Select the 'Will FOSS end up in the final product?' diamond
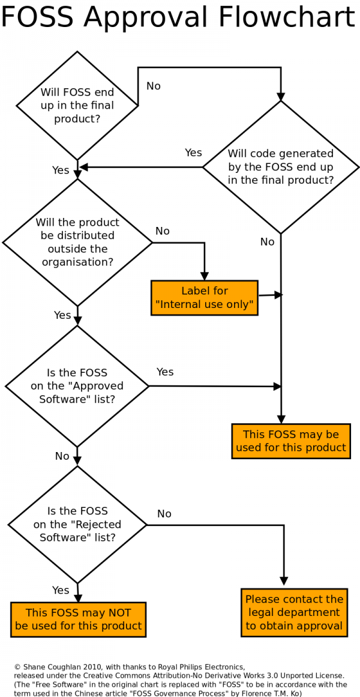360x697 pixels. [77, 105]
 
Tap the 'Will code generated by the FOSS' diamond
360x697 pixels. [280, 167]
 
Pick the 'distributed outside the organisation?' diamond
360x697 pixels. [77, 243]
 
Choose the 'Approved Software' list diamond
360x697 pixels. [77, 386]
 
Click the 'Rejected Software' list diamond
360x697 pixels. [77, 525]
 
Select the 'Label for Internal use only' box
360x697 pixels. [205, 298]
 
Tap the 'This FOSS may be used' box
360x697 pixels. [290, 441]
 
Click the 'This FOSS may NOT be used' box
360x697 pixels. [78, 620]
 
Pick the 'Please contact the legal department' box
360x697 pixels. [294, 612]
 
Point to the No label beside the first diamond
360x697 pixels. [154, 86]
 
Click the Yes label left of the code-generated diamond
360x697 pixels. [193, 153]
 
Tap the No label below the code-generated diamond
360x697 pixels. [267, 242]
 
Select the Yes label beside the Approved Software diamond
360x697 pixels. [165, 372]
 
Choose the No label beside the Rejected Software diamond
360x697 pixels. [164, 514]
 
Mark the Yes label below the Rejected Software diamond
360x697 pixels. [61, 590]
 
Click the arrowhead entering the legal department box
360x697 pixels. [284, 581]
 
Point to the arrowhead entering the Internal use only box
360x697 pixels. [205, 276]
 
